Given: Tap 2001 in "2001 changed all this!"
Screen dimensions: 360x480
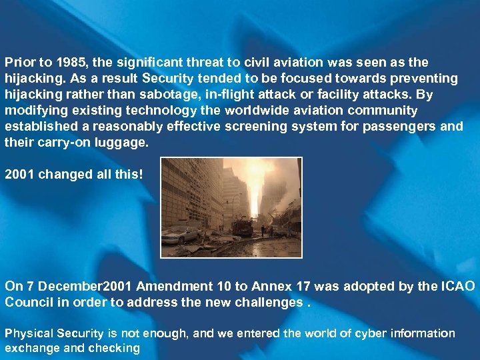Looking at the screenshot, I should [x=20, y=175].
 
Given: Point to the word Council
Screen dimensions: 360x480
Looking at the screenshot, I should [x=27, y=302].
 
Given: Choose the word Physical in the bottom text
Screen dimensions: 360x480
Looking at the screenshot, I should [x=28, y=333].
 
